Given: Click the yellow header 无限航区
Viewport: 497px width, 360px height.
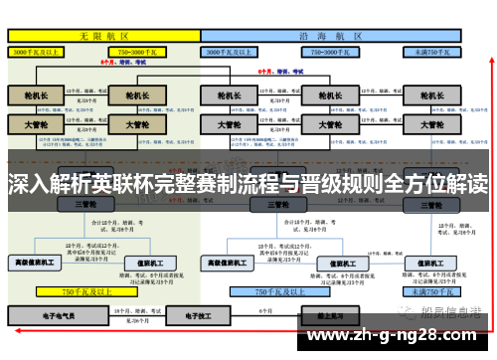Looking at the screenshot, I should click(x=104, y=35).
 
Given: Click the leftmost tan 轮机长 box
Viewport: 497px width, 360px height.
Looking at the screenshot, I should click(x=36, y=96).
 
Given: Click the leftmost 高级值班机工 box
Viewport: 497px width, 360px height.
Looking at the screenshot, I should click(x=36, y=263).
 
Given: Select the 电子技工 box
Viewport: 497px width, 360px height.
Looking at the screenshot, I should click(x=184, y=314).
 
